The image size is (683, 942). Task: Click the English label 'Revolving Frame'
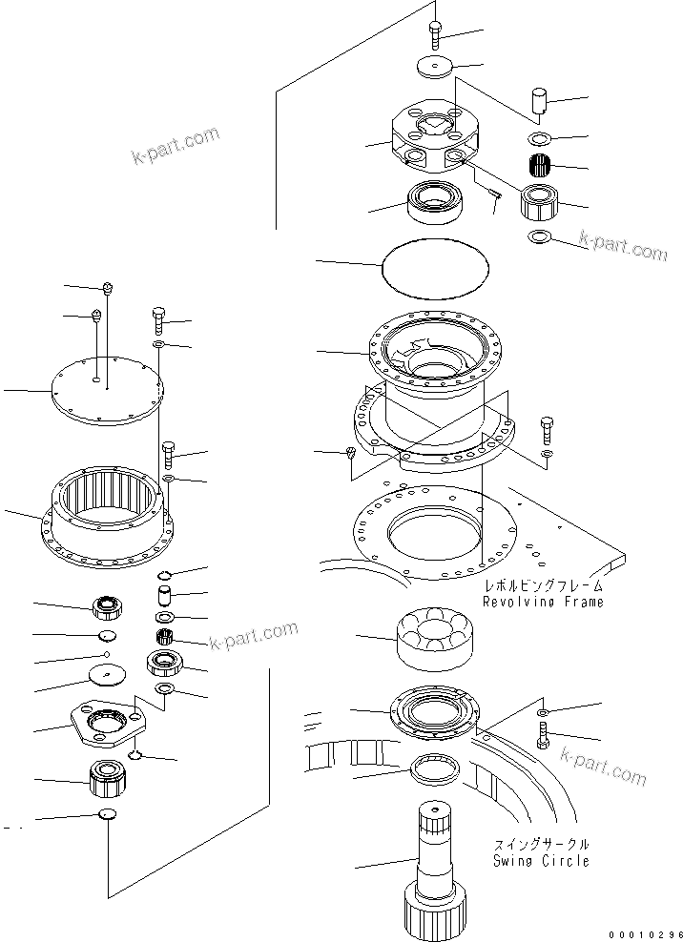click(x=543, y=603)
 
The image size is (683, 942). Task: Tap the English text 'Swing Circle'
click(x=542, y=861)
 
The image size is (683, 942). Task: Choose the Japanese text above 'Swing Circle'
click(x=542, y=845)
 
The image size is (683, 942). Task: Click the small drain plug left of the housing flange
click(x=350, y=452)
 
